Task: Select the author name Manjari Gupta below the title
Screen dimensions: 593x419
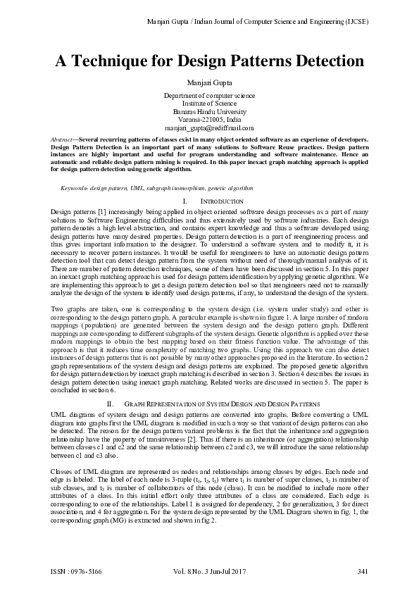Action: [x=209, y=82]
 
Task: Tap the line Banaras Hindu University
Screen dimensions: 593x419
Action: [x=209, y=111]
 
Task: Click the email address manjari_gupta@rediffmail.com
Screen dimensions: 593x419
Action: [x=209, y=127]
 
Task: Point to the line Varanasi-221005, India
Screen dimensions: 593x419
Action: [x=209, y=120]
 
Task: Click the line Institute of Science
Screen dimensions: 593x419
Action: [x=209, y=104]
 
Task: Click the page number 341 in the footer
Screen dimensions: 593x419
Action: [x=363, y=570]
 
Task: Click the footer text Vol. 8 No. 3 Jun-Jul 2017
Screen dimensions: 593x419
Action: [x=209, y=570]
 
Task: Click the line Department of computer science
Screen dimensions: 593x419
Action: [x=209, y=95]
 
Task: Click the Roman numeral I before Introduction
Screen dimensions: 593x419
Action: [x=184, y=201]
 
